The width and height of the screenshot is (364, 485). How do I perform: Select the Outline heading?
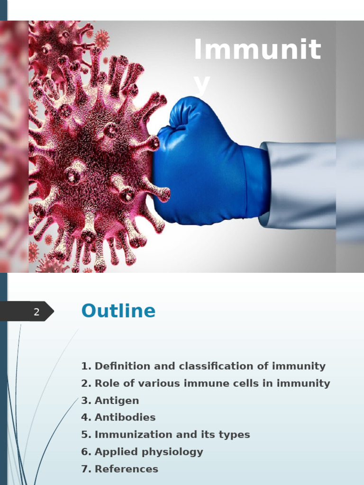[118, 311]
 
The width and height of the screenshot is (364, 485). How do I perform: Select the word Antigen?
[117, 401]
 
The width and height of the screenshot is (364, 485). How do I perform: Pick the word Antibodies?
[125, 418]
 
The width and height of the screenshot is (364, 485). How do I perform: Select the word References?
[126, 469]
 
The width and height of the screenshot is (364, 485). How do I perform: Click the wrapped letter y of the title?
[202, 84]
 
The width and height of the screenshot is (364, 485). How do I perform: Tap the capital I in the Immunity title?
[198, 49]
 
